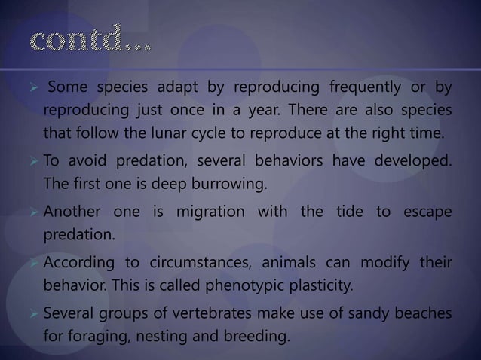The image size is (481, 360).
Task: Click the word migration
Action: [219, 213]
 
